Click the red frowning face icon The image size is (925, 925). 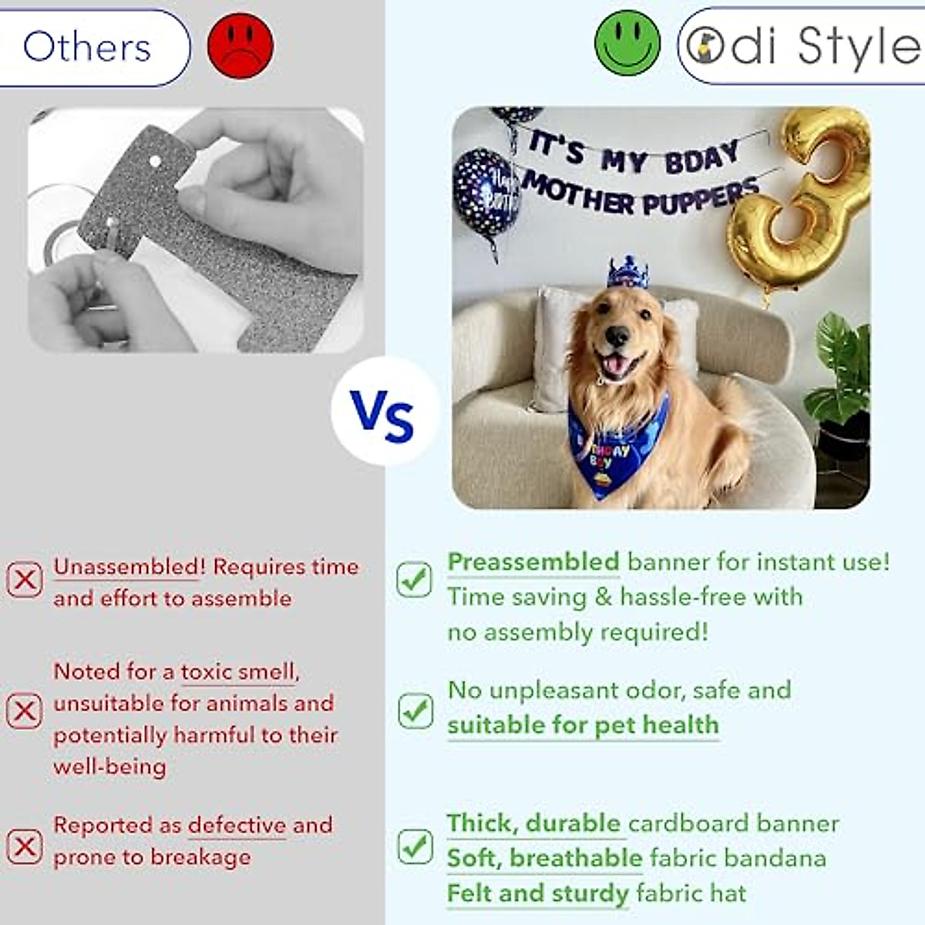[240, 45]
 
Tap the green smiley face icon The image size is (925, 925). [627, 44]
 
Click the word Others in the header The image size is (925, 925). [87, 47]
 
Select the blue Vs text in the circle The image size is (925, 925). [382, 415]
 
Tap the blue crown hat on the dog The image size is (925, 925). [628, 272]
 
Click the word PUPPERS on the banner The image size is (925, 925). [701, 197]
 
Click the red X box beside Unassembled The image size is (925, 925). [25, 580]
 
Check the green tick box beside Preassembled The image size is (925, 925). [414, 580]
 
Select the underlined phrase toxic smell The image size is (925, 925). [237, 671]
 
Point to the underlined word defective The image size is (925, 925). [237, 825]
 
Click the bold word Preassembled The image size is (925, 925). [533, 563]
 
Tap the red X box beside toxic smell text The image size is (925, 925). [25, 711]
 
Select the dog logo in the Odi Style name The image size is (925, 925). [705, 46]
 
